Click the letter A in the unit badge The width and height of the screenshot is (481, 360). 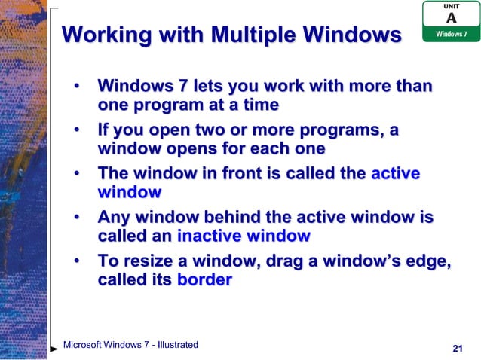pyautogui.click(x=451, y=18)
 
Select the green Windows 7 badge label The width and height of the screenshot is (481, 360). pyautogui.click(x=451, y=35)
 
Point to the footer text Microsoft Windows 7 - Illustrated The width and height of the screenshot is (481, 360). pyautogui.click(x=130, y=345)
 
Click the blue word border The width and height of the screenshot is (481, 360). pyautogui.click(x=204, y=279)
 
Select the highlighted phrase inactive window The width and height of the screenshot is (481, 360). pyautogui.click(x=244, y=236)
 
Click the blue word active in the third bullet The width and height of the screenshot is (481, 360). pyautogui.click(x=395, y=174)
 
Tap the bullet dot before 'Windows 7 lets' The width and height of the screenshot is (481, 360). pyautogui.click(x=77, y=87)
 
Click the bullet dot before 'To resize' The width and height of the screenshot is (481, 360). pyautogui.click(x=77, y=261)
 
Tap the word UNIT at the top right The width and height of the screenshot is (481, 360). pyautogui.click(x=451, y=6)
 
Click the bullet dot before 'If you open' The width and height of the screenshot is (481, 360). pyautogui.click(x=77, y=130)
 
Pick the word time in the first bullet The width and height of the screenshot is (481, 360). pyautogui.click(x=259, y=105)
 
